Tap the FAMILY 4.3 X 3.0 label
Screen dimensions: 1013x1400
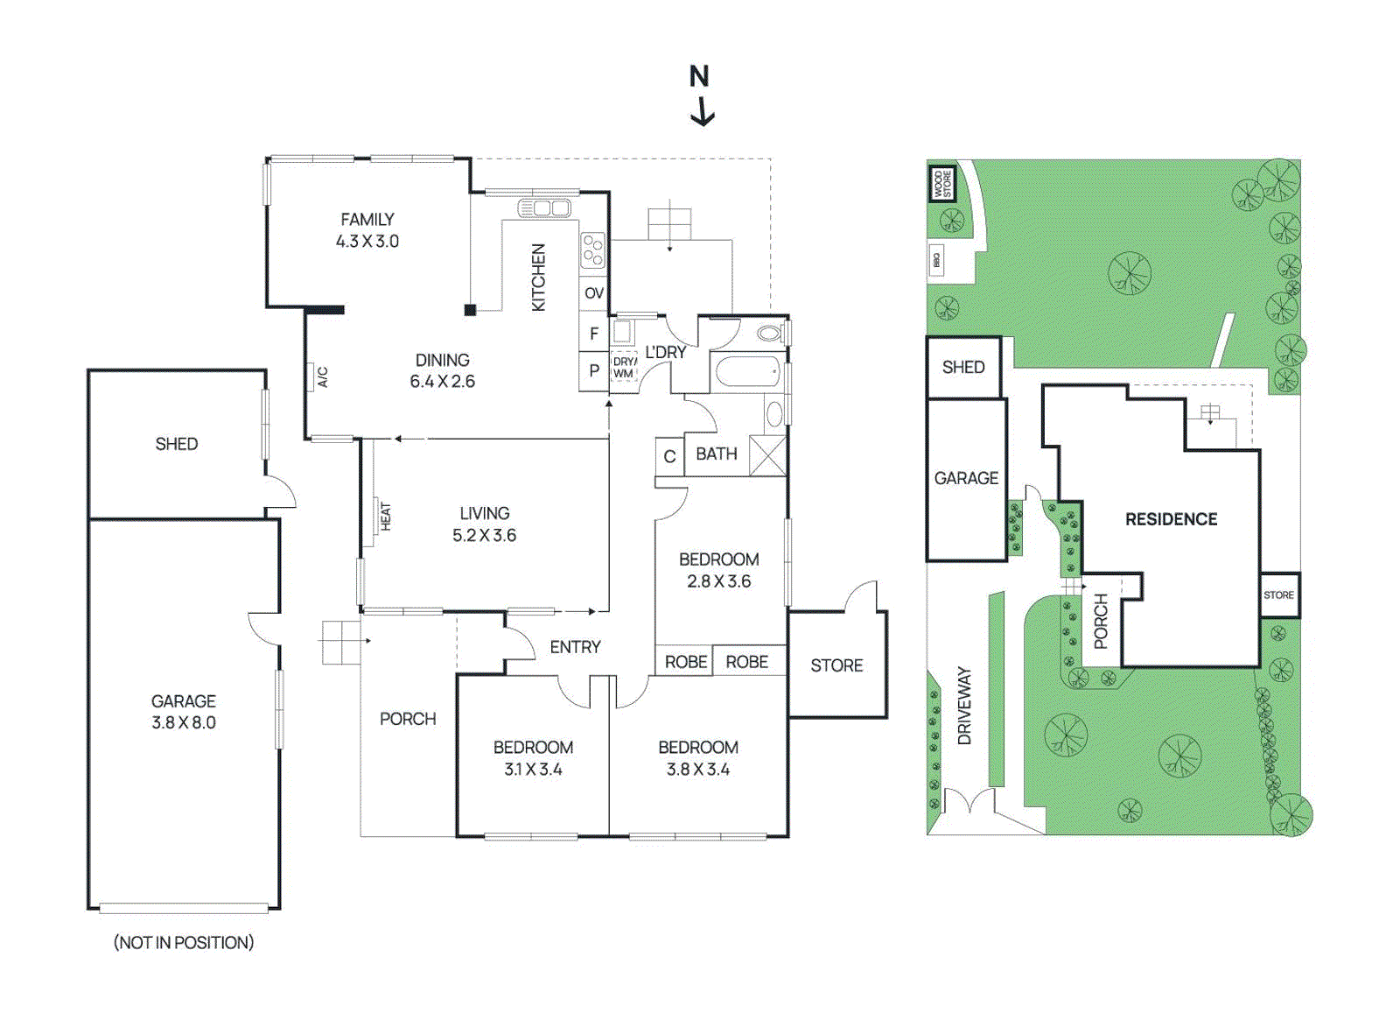coord(367,230)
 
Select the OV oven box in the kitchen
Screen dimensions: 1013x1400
coord(594,293)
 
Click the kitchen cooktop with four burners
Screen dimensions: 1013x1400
coord(593,250)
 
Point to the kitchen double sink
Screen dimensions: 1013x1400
coord(544,208)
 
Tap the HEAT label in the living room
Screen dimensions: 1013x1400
coord(384,516)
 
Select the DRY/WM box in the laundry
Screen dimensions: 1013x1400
coord(624,368)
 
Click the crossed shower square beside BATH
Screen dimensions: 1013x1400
coord(767,455)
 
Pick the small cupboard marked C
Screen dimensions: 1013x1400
coord(669,456)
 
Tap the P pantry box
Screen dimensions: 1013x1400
coord(594,370)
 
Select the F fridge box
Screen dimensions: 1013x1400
coord(594,334)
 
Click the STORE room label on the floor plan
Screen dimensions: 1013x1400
coord(836,665)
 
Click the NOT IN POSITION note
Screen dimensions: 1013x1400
coord(184,943)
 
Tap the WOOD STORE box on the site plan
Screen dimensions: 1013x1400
coord(941,184)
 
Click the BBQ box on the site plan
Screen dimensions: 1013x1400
coord(936,260)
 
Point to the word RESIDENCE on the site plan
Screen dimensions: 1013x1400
coord(1171,519)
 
